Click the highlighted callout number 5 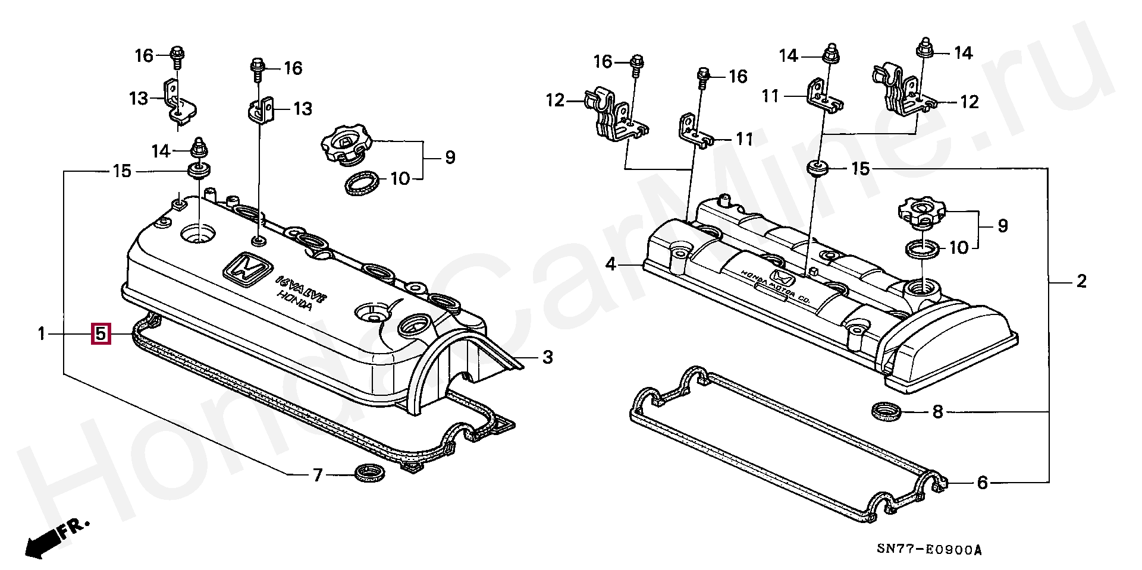[x=101, y=334]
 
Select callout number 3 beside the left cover [x=547, y=357]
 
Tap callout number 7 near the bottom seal [x=318, y=475]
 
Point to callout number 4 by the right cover [x=611, y=264]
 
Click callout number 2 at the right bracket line [x=1081, y=281]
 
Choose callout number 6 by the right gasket [x=983, y=483]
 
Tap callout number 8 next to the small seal [x=938, y=411]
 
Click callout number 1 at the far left [x=42, y=334]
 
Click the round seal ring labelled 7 [x=369, y=473]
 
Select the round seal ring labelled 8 [x=886, y=411]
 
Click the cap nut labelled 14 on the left [x=198, y=149]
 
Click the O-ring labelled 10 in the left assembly [x=362, y=183]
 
